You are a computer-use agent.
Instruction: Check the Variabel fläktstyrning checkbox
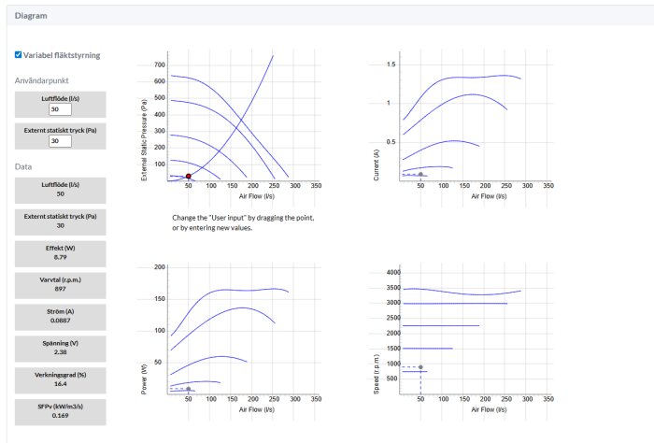click(x=18, y=54)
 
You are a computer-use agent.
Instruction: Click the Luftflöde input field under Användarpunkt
click(x=60, y=109)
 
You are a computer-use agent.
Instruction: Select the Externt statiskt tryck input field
click(x=60, y=141)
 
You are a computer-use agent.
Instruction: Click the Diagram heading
click(x=31, y=16)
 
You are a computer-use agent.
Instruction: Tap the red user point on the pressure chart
click(x=189, y=177)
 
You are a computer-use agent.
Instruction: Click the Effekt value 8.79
click(x=61, y=257)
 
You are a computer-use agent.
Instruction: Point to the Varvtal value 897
click(x=61, y=289)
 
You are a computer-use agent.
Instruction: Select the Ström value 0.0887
click(x=61, y=321)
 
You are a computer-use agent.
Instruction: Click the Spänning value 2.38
click(x=61, y=352)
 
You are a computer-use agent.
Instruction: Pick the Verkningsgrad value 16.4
click(x=61, y=384)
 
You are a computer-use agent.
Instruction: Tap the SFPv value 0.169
click(x=61, y=416)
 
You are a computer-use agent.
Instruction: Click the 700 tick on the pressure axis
click(x=160, y=65)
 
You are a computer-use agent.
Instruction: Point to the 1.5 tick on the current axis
click(x=391, y=64)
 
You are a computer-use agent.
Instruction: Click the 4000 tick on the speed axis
click(x=393, y=272)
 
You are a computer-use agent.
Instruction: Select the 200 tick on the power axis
click(x=160, y=267)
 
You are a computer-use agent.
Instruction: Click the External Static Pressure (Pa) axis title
click(x=144, y=140)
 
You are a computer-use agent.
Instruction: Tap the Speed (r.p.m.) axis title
click(x=377, y=375)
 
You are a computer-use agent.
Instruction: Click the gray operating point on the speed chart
click(x=420, y=367)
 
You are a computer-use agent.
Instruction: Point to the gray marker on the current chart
click(x=420, y=175)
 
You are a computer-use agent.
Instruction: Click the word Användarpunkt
click(x=42, y=80)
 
